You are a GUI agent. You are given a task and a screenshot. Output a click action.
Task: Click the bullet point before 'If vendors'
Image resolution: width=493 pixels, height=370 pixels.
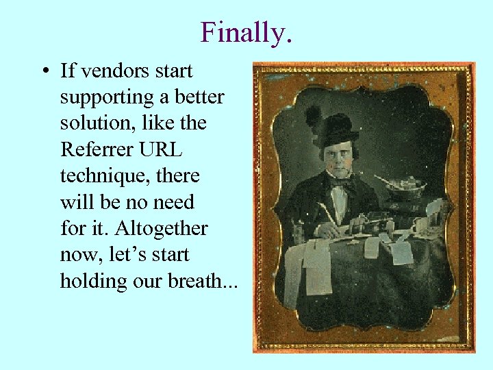[44, 71]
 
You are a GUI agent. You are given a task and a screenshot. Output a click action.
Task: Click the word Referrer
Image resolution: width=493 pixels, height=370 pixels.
[91, 150]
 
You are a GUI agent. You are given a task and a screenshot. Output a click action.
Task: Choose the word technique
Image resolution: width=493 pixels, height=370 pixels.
[100, 176]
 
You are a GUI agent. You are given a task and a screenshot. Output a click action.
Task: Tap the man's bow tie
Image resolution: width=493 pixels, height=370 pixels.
[340, 181]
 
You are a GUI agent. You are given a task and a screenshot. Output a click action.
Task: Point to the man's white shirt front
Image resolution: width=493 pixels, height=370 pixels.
[340, 202]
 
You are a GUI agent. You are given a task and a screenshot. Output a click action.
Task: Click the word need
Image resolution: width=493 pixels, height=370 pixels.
[177, 202]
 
